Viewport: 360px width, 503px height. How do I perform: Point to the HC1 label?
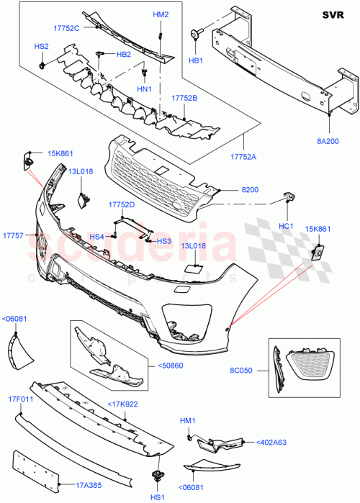pyautogui.click(x=287, y=225)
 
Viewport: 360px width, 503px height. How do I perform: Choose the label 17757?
pyautogui.click(x=13, y=235)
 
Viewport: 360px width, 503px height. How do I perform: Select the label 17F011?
pyautogui.click(x=20, y=399)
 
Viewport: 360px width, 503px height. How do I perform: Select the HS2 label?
pyautogui.click(x=41, y=47)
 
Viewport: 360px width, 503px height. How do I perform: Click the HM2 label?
pyautogui.click(x=161, y=14)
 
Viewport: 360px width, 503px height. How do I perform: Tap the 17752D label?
pyautogui.click(x=122, y=204)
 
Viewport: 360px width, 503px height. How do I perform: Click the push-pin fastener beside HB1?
pyautogui.click(x=195, y=34)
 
